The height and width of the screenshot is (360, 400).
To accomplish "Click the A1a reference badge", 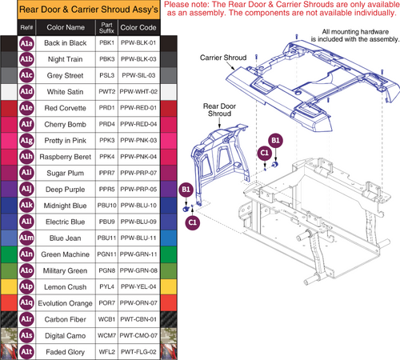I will (26, 41).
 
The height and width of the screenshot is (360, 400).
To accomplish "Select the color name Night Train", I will (66, 58).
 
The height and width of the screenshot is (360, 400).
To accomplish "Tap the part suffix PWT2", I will (106, 92).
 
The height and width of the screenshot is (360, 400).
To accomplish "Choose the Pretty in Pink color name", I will (66, 142).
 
